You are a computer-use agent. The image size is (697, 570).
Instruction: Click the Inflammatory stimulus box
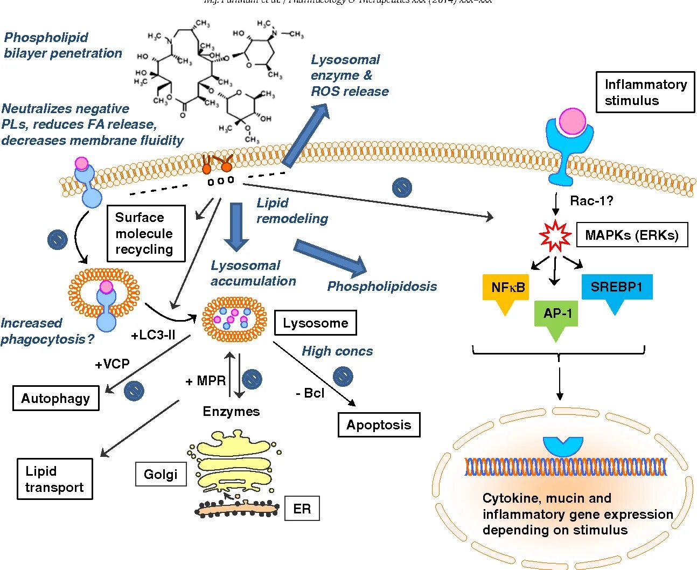tap(645, 92)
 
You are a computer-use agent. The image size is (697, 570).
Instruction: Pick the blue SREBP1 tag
tap(617, 288)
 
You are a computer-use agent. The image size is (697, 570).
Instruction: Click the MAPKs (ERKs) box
tap(632, 235)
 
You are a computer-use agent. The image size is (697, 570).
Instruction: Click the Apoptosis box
tap(379, 425)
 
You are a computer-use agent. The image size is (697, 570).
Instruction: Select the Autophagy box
tap(55, 399)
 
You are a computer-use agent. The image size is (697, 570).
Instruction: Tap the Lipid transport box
tap(54, 479)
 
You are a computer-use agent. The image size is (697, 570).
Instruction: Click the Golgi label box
tap(161, 475)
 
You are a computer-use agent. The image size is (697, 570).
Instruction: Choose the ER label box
tap(302, 509)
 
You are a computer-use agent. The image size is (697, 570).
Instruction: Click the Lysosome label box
tap(315, 323)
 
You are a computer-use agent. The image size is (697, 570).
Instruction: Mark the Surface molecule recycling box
tap(145, 233)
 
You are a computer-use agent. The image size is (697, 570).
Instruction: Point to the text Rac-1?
tap(591, 201)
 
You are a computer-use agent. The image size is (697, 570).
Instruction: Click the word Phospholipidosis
tap(382, 287)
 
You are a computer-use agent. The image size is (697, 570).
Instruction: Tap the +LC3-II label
tap(153, 335)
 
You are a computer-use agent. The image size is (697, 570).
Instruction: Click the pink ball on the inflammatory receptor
tap(572, 121)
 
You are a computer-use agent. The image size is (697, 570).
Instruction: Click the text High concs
tap(337, 351)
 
